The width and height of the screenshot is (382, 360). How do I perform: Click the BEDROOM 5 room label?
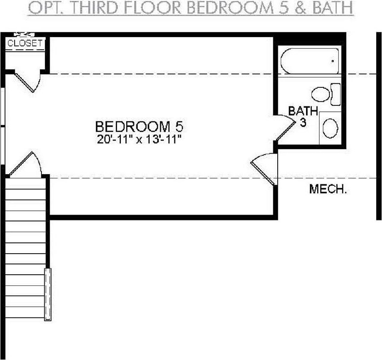139,127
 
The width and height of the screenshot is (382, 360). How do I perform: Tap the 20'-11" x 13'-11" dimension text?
139,140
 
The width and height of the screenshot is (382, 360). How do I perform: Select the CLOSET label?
24,43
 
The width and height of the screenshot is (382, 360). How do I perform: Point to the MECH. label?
327,189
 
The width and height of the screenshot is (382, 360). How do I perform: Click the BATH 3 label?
303,116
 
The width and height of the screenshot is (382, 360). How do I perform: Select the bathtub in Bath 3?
310,61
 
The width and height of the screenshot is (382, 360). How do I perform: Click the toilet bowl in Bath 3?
321,95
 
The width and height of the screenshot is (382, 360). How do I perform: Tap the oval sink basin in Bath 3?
330,128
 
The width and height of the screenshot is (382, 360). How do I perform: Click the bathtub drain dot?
333,61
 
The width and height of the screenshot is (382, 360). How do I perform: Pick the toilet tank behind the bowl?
336,95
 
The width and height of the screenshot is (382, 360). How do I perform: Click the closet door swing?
27,81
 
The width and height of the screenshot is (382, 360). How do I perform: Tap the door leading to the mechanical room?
264,169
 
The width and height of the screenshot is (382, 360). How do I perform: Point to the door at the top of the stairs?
25,164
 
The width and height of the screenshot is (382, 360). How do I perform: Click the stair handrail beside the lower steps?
48,295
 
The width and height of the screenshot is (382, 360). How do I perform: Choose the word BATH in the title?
332,8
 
